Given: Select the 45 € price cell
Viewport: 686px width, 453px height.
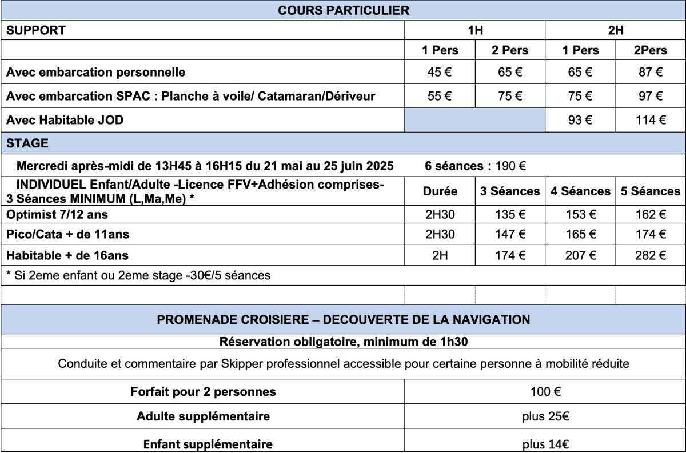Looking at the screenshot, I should (440, 73).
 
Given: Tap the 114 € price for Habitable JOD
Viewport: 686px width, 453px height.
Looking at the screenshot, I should (651, 120).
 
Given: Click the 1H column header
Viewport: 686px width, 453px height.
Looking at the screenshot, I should (475, 31).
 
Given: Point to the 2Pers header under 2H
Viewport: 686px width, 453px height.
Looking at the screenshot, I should (651, 50).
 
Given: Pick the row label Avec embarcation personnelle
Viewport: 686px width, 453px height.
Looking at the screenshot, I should (95, 73).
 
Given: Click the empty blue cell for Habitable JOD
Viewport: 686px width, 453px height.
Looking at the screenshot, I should (475, 120).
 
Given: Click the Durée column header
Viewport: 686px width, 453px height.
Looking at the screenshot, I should (440, 192).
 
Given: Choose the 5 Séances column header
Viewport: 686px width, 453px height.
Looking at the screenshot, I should (651, 192).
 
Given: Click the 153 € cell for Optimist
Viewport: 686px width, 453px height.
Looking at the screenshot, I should (581, 215).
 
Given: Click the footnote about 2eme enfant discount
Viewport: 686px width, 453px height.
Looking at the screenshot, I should (138, 275).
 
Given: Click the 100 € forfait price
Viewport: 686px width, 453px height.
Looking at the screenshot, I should (545, 392).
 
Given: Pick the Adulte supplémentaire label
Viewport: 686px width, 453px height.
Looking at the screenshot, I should (203, 417).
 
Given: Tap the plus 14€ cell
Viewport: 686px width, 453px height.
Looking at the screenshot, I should (545, 443).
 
